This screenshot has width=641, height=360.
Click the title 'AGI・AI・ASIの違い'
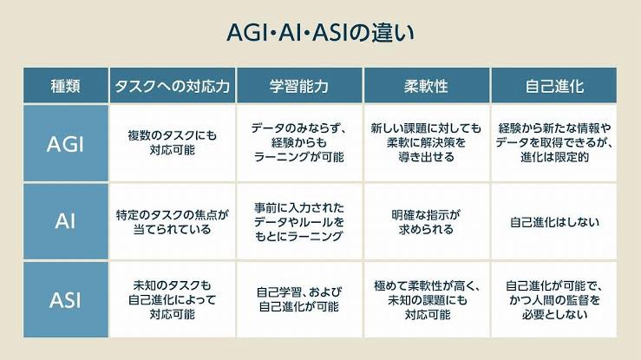pos(321,33)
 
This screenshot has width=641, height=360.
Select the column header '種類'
pos(65,86)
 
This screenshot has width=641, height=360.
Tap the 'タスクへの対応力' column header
pos(172,86)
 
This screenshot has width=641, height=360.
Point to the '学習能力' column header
pos(299,86)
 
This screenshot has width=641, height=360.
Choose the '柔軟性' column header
pos(427,86)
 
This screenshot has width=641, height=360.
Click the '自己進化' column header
pos(554,86)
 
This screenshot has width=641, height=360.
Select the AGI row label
pos(65,143)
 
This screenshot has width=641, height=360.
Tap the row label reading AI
pos(65,221)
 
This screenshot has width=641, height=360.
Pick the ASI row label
pos(65,299)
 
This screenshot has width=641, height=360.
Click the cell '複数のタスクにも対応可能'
pos(172,143)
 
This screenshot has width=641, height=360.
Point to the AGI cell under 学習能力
pos(299,143)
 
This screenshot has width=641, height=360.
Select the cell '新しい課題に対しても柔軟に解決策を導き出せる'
pos(427,143)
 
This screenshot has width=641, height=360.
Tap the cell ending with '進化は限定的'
pos(554,143)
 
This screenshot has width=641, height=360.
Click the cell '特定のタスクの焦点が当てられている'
pos(172,221)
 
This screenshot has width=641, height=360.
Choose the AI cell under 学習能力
pos(299,221)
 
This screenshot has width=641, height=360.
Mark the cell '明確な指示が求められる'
pos(427,221)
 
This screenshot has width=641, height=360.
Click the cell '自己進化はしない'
pos(554,222)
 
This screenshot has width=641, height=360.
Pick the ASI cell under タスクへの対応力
pos(172,299)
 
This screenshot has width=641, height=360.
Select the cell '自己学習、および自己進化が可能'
pos(299,299)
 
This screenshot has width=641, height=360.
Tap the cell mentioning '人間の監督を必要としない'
pos(554,299)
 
